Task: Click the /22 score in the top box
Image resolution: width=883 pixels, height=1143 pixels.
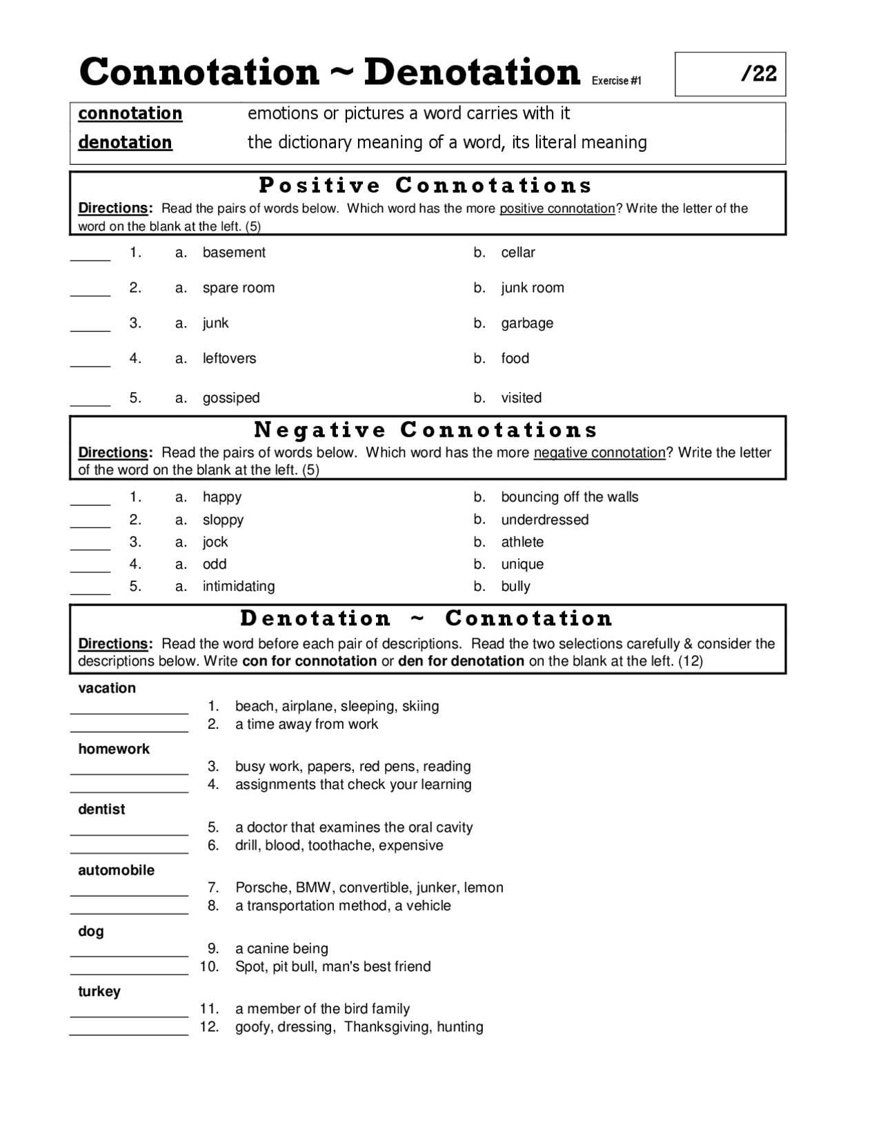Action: (x=759, y=73)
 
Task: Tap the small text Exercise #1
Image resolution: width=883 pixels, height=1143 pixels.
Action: (x=616, y=81)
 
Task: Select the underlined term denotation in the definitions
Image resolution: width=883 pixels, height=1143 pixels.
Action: (x=125, y=142)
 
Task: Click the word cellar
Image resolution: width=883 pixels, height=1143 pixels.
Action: (x=518, y=253)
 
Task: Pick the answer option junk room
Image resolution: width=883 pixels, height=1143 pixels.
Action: (x=533, y=288)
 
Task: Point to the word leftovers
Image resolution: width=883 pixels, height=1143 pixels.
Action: (x=229, y=358)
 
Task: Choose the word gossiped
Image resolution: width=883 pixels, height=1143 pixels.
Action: (x=231, y=398)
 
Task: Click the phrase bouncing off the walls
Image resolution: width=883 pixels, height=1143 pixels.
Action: (x=570, y=497)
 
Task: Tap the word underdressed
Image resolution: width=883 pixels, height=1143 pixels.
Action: (x=545, y=520)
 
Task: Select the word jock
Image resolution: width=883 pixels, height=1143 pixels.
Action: (x=215, y=542)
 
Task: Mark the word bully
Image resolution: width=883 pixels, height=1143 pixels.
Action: (x=515, y=586)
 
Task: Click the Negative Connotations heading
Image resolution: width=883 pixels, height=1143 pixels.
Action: (x=426, y=430)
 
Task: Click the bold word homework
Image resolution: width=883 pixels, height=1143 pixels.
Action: (x=114, y=749)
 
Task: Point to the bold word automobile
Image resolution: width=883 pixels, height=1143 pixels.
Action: (x=116, y=870)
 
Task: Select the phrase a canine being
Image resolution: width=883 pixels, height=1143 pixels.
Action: (x=281, y=948)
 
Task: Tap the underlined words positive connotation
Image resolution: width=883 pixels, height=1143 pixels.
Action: (x=557, y=208)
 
